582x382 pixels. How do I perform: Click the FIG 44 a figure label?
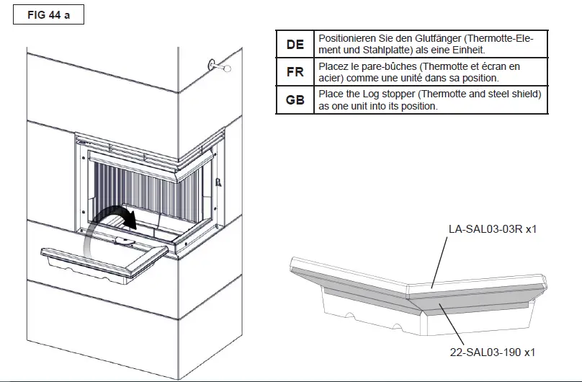49,15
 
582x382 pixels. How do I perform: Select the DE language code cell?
295,44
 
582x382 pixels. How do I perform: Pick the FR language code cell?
295,72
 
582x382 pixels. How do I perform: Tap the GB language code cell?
295,100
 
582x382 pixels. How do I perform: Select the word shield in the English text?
525,94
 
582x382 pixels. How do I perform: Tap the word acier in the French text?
331,78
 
